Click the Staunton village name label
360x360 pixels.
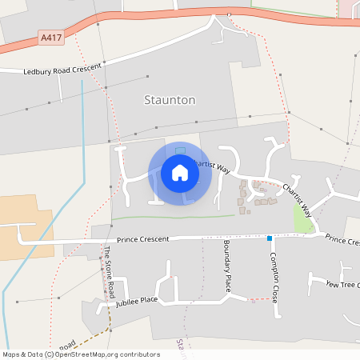[169, 100]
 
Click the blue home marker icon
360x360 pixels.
[179, 173]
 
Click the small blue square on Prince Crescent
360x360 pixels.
[270, 238]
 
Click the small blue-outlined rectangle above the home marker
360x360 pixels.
[180, 150]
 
